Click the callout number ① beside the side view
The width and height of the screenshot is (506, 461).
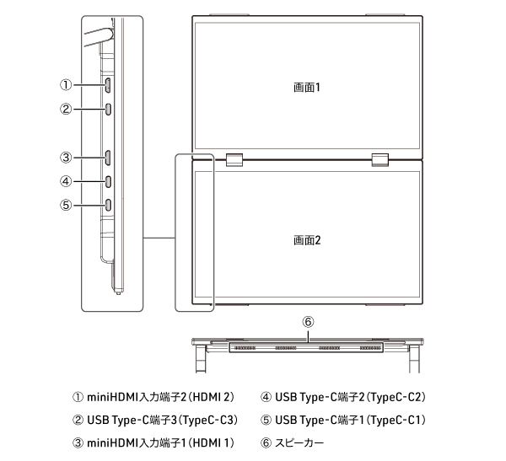coord(66,85)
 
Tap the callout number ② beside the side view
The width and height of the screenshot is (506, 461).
coord(66,109)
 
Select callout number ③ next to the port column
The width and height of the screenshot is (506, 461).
coord(66,158)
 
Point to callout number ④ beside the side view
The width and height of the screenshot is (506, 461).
coord(66,181)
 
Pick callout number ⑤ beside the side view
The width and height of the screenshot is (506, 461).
coord(66,205)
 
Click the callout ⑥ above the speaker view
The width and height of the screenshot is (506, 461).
coord(308,322)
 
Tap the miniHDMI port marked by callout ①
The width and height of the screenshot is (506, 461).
coord(108,85)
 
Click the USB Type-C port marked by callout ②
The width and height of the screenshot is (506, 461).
coord(108,109)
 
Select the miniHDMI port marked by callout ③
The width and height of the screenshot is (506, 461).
coord(108,158)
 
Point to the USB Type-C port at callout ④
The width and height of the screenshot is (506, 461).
coord(108,181)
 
